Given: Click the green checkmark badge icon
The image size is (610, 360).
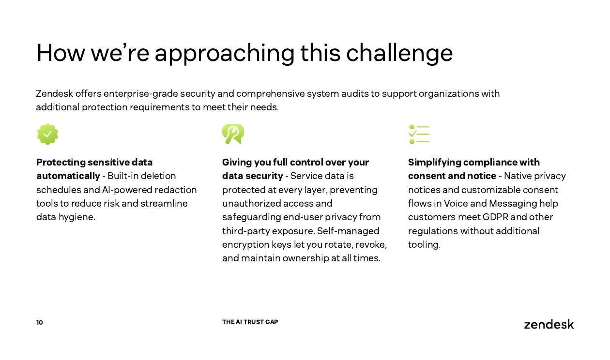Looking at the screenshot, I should (x=47, y=134).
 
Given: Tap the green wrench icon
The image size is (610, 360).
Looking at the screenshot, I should (x=233, y=134).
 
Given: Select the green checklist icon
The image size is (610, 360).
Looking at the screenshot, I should (x=419, y=134).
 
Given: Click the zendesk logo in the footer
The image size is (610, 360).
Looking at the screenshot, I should (x=549, y=324).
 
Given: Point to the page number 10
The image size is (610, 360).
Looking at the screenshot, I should (x=40, y=322).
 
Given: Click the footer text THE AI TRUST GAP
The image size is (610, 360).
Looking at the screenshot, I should (x=250, y=322).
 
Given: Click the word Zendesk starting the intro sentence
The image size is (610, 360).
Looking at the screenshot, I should (x=54, y=93).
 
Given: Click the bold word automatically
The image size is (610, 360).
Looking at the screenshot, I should (x=68, y=176).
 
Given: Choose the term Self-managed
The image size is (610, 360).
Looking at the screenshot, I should (x=348, y=231).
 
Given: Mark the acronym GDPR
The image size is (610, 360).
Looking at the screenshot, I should (x=495, y=217).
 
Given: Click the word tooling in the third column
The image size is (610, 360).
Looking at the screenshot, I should (x=424, y=245).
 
